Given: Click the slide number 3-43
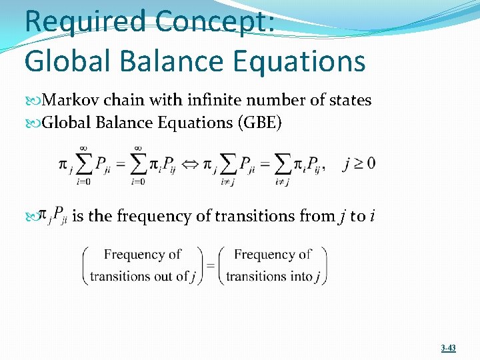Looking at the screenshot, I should coord(448,348).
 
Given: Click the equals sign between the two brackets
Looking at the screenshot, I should coord(210,265).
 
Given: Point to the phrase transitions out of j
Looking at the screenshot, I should coord(143,276).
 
